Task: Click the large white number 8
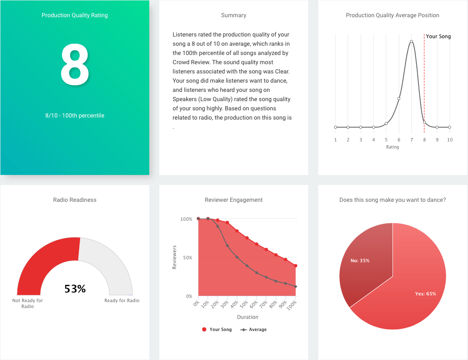[x=75, y=64]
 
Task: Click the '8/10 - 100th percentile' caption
[x=75, y=115]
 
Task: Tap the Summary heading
[x=234, y=16]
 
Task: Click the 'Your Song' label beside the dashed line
[x=438, y=37]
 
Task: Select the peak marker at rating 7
[x=411, y=41]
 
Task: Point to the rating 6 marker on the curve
[x=399, y=99]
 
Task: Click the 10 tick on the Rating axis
[x=450, y=140]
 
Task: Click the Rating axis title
[x=393, y=147]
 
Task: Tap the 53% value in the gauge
[x=75, y=289]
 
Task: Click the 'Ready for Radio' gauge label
[x=122, y=300]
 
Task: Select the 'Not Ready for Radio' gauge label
[x=28, y=303]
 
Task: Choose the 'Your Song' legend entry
[x=217, y=329]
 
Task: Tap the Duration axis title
[x=247, y=317]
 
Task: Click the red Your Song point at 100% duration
[x=296, y=266]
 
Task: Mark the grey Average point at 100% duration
[x=296, y=287]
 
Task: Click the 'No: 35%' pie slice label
[x=360, y=261]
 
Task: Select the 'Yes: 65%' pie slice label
[x=425, y=294]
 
